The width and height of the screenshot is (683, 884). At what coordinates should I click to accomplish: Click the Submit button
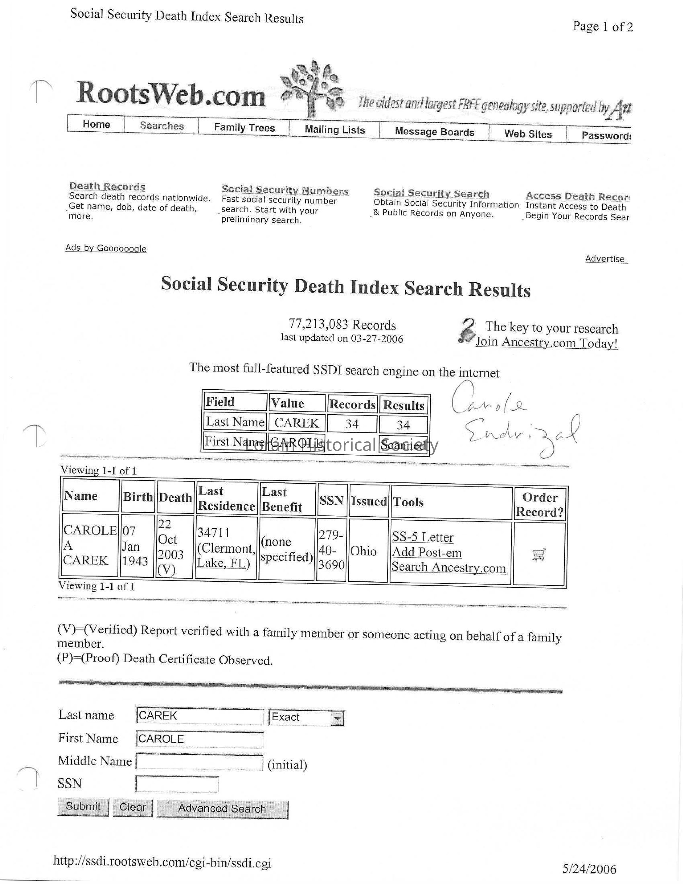pyautogui.click(x=83, y=806)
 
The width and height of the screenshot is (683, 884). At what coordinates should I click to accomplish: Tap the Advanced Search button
pyautogui.click(x=222, y=808)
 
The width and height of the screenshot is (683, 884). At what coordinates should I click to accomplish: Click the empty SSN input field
pyautogui.click(x=177, y=784)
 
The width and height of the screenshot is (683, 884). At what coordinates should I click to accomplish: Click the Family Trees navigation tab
pyautogui.click(x=244, y=128)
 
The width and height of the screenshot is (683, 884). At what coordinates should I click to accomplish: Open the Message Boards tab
pyautogui.click(x=434, y=132)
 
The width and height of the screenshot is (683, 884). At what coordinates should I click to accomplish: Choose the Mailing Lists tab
pyautogui.click(x=335, y=129)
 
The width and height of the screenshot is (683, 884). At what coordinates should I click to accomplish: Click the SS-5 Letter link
pyautogui.click(x=422, y=537)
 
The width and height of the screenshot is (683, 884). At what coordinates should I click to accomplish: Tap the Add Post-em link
pyautogui.click(x=427, y=552)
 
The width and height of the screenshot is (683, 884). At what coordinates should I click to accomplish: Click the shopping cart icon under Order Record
pyautogui.click(x=538, y=554)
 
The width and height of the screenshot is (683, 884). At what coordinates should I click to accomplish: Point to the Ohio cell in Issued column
pyautogui.click(x=363, y=551)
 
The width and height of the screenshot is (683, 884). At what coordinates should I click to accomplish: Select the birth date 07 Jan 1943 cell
pyautogui.click(x=135, y=546)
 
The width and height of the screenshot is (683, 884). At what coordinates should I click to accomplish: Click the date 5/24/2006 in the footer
pyautogui.click(x=589, y=869)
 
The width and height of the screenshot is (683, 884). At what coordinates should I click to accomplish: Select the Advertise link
pyautogui.click(x=605, y=259)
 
